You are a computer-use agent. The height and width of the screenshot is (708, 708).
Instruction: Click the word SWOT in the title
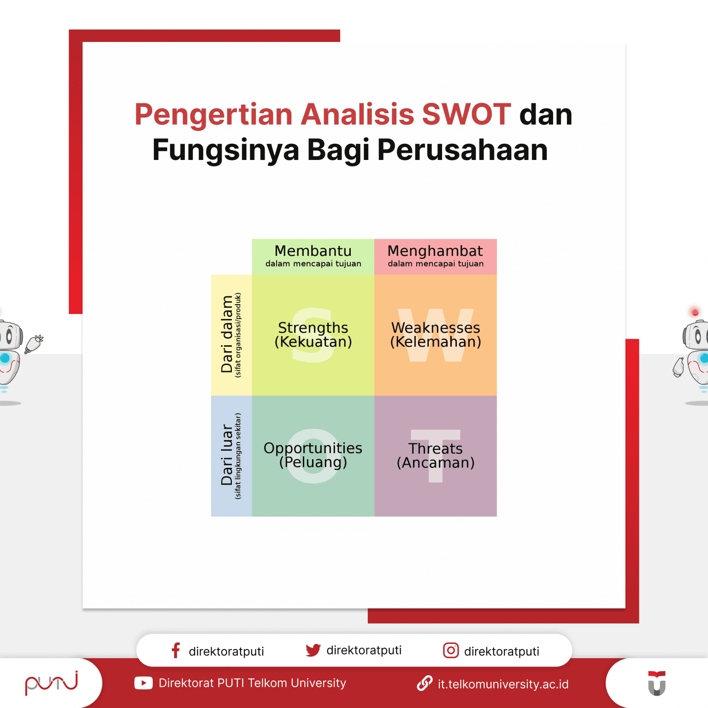click(x=466, y=114)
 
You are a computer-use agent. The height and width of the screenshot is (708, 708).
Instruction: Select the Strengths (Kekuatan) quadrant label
click(x=313, y=335)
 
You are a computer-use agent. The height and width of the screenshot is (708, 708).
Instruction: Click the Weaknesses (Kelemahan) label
click(x=436, y=335)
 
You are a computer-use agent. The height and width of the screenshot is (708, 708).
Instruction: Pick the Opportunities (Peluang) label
click(x=313, y=455)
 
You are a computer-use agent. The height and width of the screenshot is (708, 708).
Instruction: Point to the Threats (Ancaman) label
click(x=436, y=455)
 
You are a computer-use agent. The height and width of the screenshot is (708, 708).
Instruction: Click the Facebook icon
click(x=176, y=650)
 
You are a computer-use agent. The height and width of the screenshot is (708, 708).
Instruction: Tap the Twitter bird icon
click(x=313, y=650)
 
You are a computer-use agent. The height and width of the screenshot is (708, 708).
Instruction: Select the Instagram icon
click(x=451, y=650)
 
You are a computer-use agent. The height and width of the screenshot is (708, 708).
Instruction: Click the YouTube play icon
click(x=143, y=683)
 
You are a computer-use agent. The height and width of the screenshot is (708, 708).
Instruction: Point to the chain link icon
click(x=425, y=683)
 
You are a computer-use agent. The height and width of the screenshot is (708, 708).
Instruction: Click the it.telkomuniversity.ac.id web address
click(x=503, y=684)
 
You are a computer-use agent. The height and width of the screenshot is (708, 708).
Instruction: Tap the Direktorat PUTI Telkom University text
click(x=252, y=683)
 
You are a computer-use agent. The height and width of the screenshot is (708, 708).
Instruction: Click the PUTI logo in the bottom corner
click(x=51, y=683)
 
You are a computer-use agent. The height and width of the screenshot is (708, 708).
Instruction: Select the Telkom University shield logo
click(x=657, y=683)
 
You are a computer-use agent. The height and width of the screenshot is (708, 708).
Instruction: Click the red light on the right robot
click(x=695, y=312)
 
